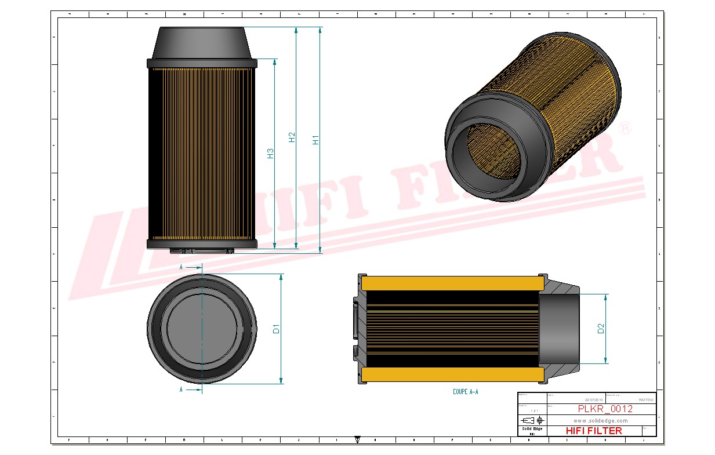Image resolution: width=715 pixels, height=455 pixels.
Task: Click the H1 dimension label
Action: [315, 139]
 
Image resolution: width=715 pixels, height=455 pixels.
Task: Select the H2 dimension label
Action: [292, 137]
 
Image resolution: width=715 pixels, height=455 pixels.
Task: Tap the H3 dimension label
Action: [270, 153]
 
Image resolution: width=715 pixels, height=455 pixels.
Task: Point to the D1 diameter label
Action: [277, 329]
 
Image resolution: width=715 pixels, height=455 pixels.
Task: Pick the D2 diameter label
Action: [601, 328]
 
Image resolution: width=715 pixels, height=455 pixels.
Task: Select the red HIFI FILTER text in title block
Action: [593, 431]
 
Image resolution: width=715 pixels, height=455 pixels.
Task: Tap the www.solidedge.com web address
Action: [601, 420]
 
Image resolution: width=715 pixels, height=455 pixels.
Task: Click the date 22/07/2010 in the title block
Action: [594, 399]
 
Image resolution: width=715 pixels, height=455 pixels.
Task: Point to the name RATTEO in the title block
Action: [645, 399]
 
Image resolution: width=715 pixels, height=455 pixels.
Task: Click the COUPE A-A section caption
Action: [466, 392]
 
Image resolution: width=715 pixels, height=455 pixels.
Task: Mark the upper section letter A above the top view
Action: [182, 267]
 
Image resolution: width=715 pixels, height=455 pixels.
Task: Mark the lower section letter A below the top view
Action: [182, 390]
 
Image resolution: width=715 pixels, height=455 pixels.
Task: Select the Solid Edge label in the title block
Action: [532, 428]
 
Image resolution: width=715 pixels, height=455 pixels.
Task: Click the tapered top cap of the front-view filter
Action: [201, 43]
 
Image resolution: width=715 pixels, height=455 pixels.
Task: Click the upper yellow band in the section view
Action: [452, 283]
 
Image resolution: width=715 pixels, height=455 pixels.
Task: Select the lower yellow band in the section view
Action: [452, 374]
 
